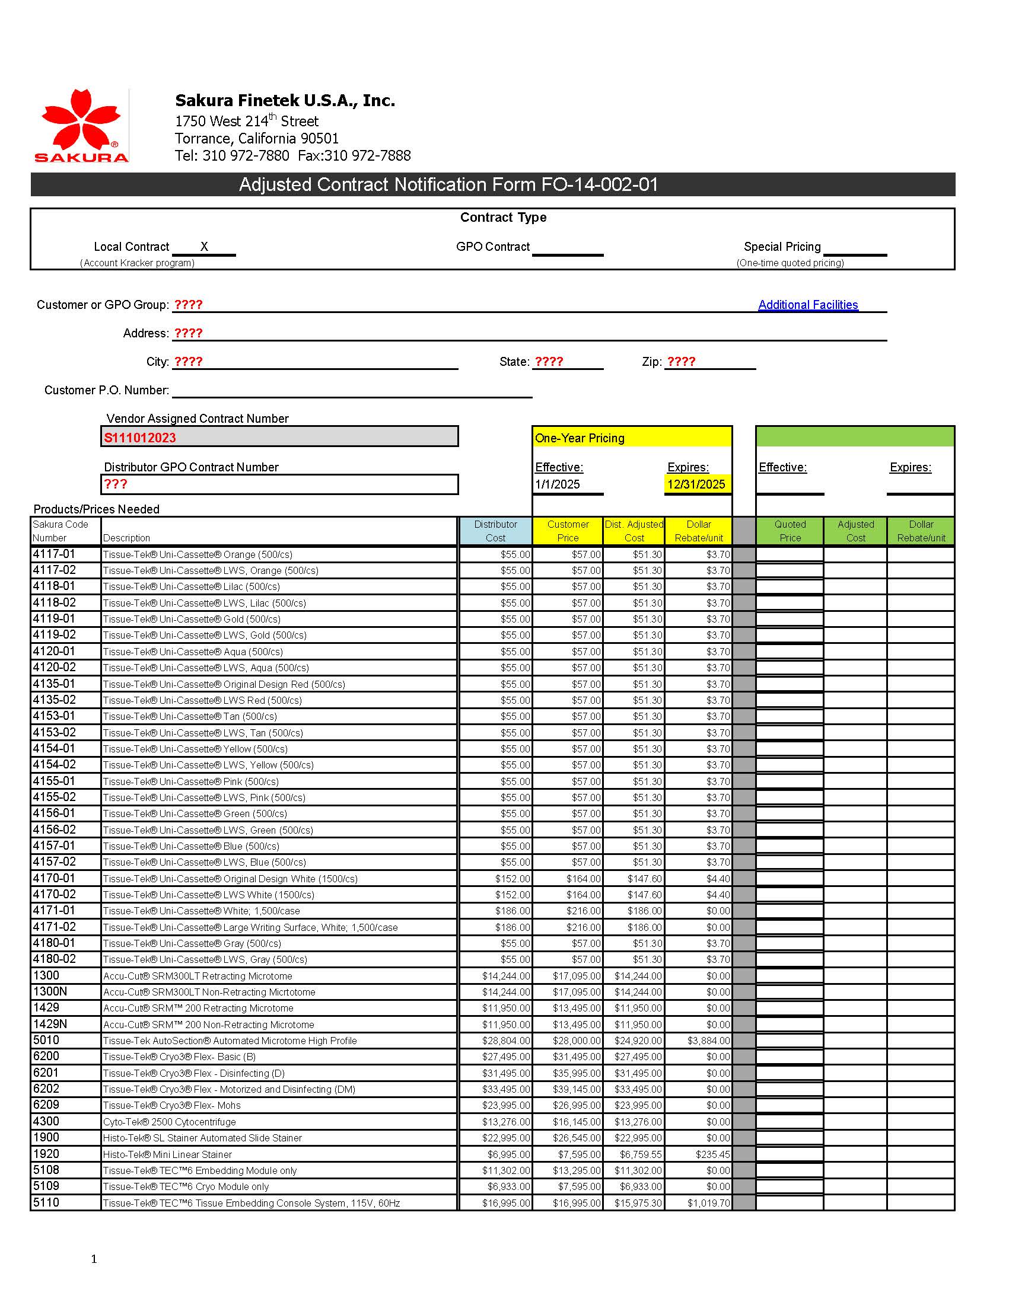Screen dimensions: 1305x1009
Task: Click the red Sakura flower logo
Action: click(81, 120)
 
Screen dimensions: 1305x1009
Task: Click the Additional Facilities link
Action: click(807, 305)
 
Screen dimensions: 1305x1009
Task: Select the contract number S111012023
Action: click(140, 438)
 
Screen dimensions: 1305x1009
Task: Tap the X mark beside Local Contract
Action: click(204, 246)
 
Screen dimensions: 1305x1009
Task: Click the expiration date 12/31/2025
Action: click(696, 484)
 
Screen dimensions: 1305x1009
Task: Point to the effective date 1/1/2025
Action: click(557, 484)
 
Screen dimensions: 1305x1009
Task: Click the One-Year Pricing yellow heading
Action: click(579, 438)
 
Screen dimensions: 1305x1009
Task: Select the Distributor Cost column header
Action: click(495, 531)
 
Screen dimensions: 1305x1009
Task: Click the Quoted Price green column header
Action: click(790, 531)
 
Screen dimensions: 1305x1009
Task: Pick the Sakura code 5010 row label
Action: click(46, 1041)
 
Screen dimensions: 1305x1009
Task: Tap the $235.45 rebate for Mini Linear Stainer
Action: click(712, 1154)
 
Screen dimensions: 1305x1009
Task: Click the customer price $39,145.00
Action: click(576, 1089)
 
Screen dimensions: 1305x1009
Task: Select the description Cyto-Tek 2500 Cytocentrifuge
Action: click(169, 1122)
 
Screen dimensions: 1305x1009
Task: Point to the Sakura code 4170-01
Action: click(54, 878)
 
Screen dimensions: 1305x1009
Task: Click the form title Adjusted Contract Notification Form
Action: click(448, 184)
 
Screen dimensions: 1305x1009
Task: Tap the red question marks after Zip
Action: click(681, 362)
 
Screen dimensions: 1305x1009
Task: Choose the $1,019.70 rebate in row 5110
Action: click(708, 1203)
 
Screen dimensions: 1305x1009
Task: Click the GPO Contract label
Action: click(492, 246)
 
